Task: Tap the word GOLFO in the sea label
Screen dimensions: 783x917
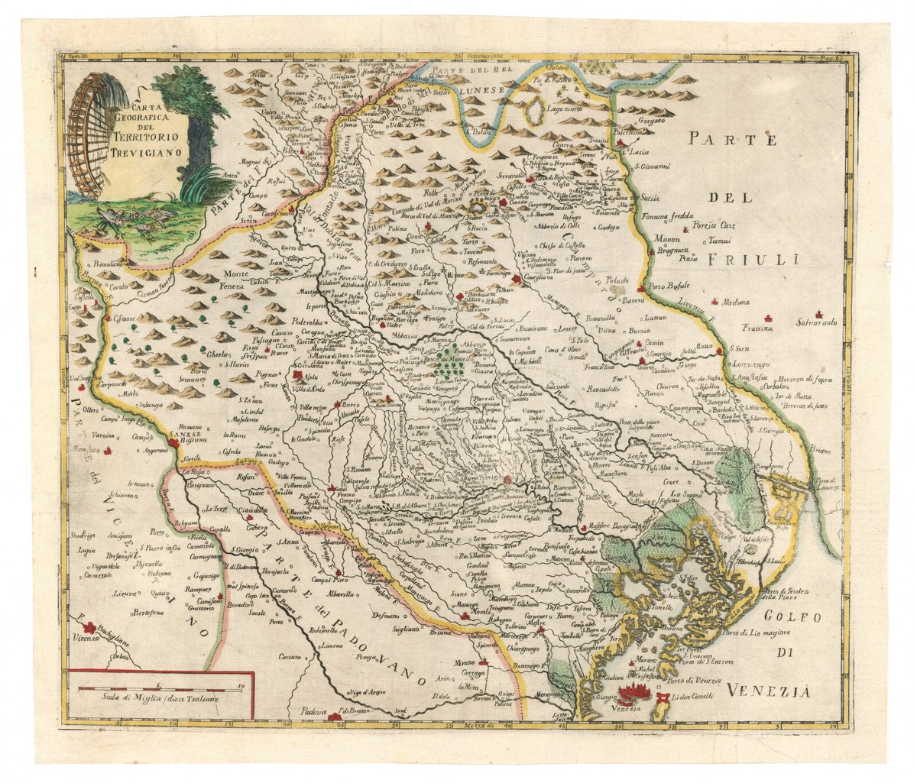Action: pos(782,617)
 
